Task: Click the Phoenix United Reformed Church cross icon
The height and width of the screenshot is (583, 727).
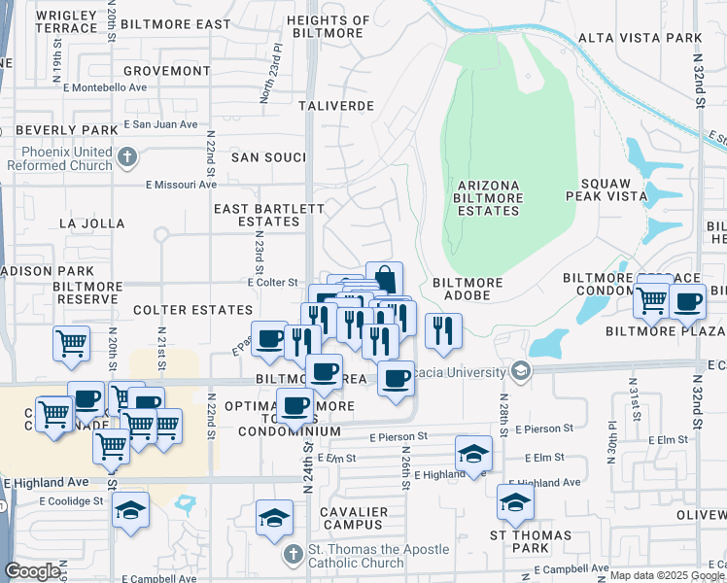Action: point(126,156)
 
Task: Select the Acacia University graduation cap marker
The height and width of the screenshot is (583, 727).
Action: point(521,371)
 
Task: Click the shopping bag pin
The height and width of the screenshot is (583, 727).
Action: point(384,279)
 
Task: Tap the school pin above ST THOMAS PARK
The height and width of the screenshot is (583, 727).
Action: point(515,501)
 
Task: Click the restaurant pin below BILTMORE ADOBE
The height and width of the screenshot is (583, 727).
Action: point(442,330)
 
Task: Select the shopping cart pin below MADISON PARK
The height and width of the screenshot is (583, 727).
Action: point(71,344)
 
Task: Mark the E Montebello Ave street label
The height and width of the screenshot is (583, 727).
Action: point(107,86)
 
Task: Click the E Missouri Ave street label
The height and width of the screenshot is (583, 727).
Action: point(182,184)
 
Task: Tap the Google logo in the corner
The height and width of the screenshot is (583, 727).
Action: point(32,571)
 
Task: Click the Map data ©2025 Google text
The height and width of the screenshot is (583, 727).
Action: point(664,575)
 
